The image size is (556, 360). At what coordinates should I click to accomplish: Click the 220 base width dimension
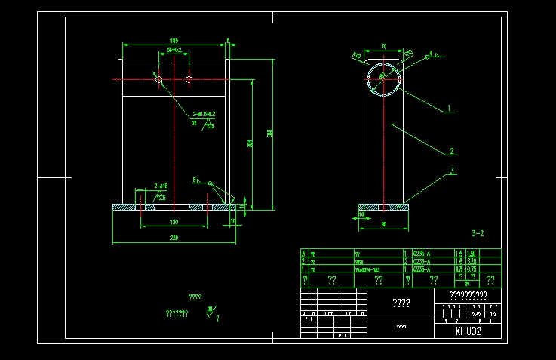tap(174, 238)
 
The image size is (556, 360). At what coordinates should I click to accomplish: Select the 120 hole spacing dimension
tap(174, 223)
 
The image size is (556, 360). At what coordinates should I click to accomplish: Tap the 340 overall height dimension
tap(269, 133)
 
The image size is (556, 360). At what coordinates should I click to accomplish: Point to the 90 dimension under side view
tap(383, 223)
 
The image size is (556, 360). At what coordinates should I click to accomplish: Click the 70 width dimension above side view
tap(383, 47)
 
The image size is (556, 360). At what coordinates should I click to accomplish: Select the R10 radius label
tap(357, 55)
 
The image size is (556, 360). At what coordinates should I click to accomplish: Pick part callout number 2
tap(451, 150)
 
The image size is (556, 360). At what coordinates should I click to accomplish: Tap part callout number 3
tap(453, 171)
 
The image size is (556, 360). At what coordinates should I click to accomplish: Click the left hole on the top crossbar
tap(159, 78)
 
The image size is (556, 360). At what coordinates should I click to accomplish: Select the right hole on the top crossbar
tap(189, 78)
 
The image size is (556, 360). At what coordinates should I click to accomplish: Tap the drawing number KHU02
tap(468, 331)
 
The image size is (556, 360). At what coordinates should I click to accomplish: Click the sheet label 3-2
tap(478, 234)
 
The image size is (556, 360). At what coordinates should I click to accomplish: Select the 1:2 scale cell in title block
tap(493, 312)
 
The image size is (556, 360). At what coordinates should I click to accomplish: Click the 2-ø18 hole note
tap(161, 185)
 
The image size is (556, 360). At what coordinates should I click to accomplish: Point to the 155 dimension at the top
tap(174, 41)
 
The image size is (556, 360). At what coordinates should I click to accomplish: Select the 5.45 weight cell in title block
tap(475, 312)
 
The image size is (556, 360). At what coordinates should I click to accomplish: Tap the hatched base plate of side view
tap(383, 206)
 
